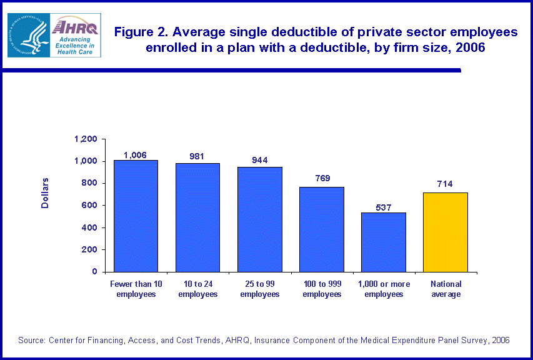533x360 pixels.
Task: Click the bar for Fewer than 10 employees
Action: tap(136, 216)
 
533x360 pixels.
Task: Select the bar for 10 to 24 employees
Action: tap(197, 217)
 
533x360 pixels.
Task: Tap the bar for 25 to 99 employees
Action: tap(259, 219)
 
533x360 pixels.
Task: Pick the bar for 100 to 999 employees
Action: tap(321, 229)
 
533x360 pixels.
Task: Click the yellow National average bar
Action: tap(446, 232)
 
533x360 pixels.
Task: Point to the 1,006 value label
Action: tap(136, 155)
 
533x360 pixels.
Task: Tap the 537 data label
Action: tap(384, 207)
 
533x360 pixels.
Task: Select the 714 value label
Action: tap(446, 184)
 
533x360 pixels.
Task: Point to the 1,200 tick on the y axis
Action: tap(86, 139)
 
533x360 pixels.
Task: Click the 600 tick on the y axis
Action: tap(90, 206)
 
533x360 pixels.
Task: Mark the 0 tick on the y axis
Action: tap(95, 272)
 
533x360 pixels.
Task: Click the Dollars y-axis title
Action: tap(45, 193)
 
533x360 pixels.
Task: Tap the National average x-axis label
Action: tap(446, 289)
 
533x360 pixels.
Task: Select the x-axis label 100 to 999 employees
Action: tap(322, 289)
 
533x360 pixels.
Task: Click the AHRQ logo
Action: tap(74, 35)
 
